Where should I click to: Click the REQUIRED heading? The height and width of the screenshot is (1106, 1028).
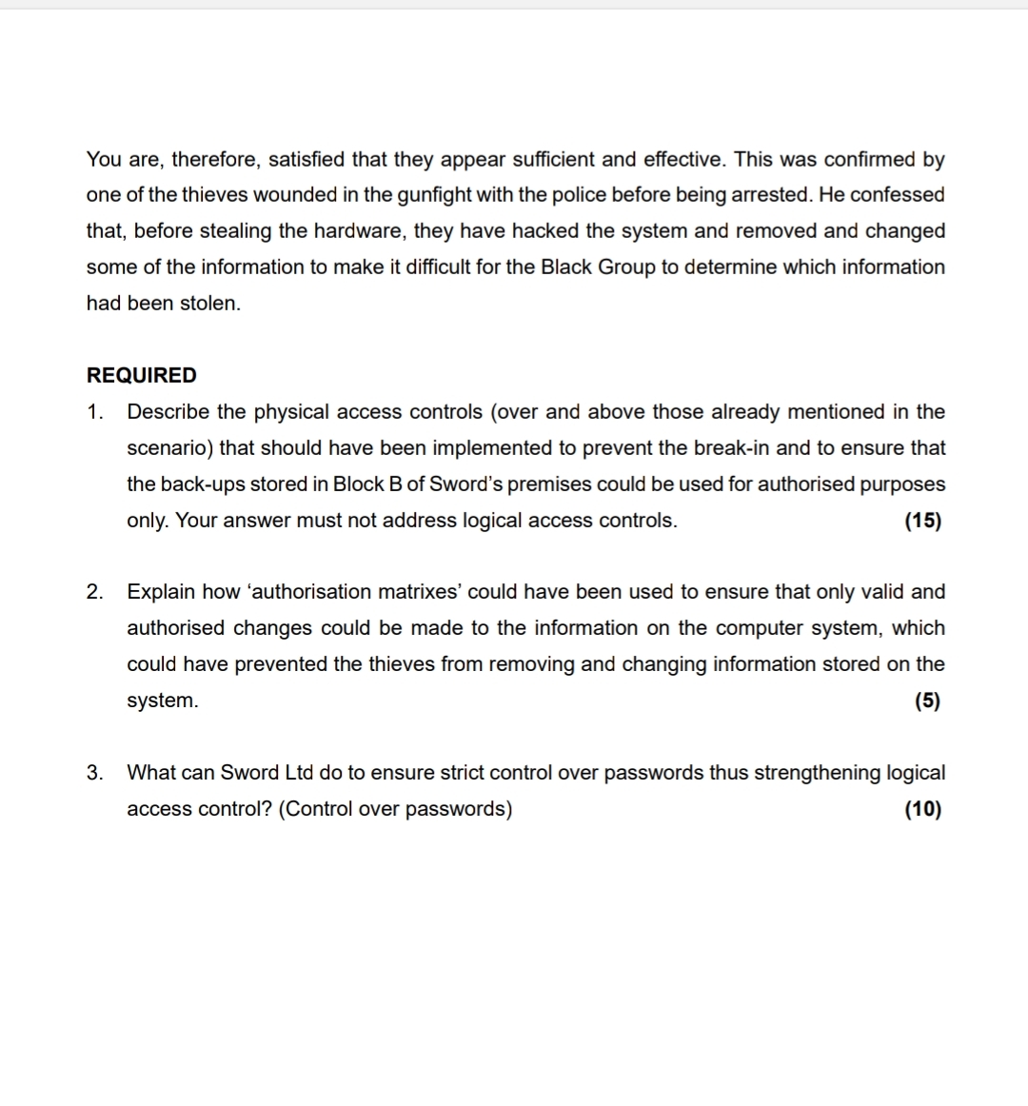(x=141, y=375)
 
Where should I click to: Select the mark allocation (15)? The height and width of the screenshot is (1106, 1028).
(x=922, y=521)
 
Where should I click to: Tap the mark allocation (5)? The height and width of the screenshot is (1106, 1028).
(x=926, y=701)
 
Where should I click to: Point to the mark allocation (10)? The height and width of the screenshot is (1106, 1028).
(x=922, y=809)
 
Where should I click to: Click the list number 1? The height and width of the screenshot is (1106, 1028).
(x=94, y=412)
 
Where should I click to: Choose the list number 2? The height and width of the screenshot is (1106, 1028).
(x=94, y=592)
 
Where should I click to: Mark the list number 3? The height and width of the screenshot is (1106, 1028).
(x=94, y=773)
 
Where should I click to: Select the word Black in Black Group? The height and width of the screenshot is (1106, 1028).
(x=565, y=267)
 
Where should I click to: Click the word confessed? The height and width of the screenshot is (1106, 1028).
(x=897, y=195)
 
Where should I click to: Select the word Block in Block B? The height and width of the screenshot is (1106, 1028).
(x=358, y=484)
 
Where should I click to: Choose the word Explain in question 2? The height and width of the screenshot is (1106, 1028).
(x=161, y=592)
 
